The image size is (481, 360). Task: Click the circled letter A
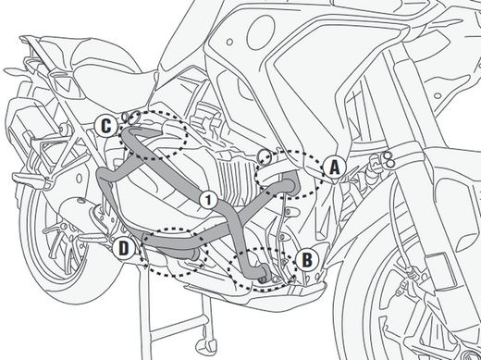tap(333, 167)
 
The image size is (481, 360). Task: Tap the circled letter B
tap(308, 257)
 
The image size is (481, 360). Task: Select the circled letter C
tap(107, 124)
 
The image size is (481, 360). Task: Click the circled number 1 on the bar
tap(208, 198)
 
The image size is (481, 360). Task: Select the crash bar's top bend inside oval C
tap(148, 137)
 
